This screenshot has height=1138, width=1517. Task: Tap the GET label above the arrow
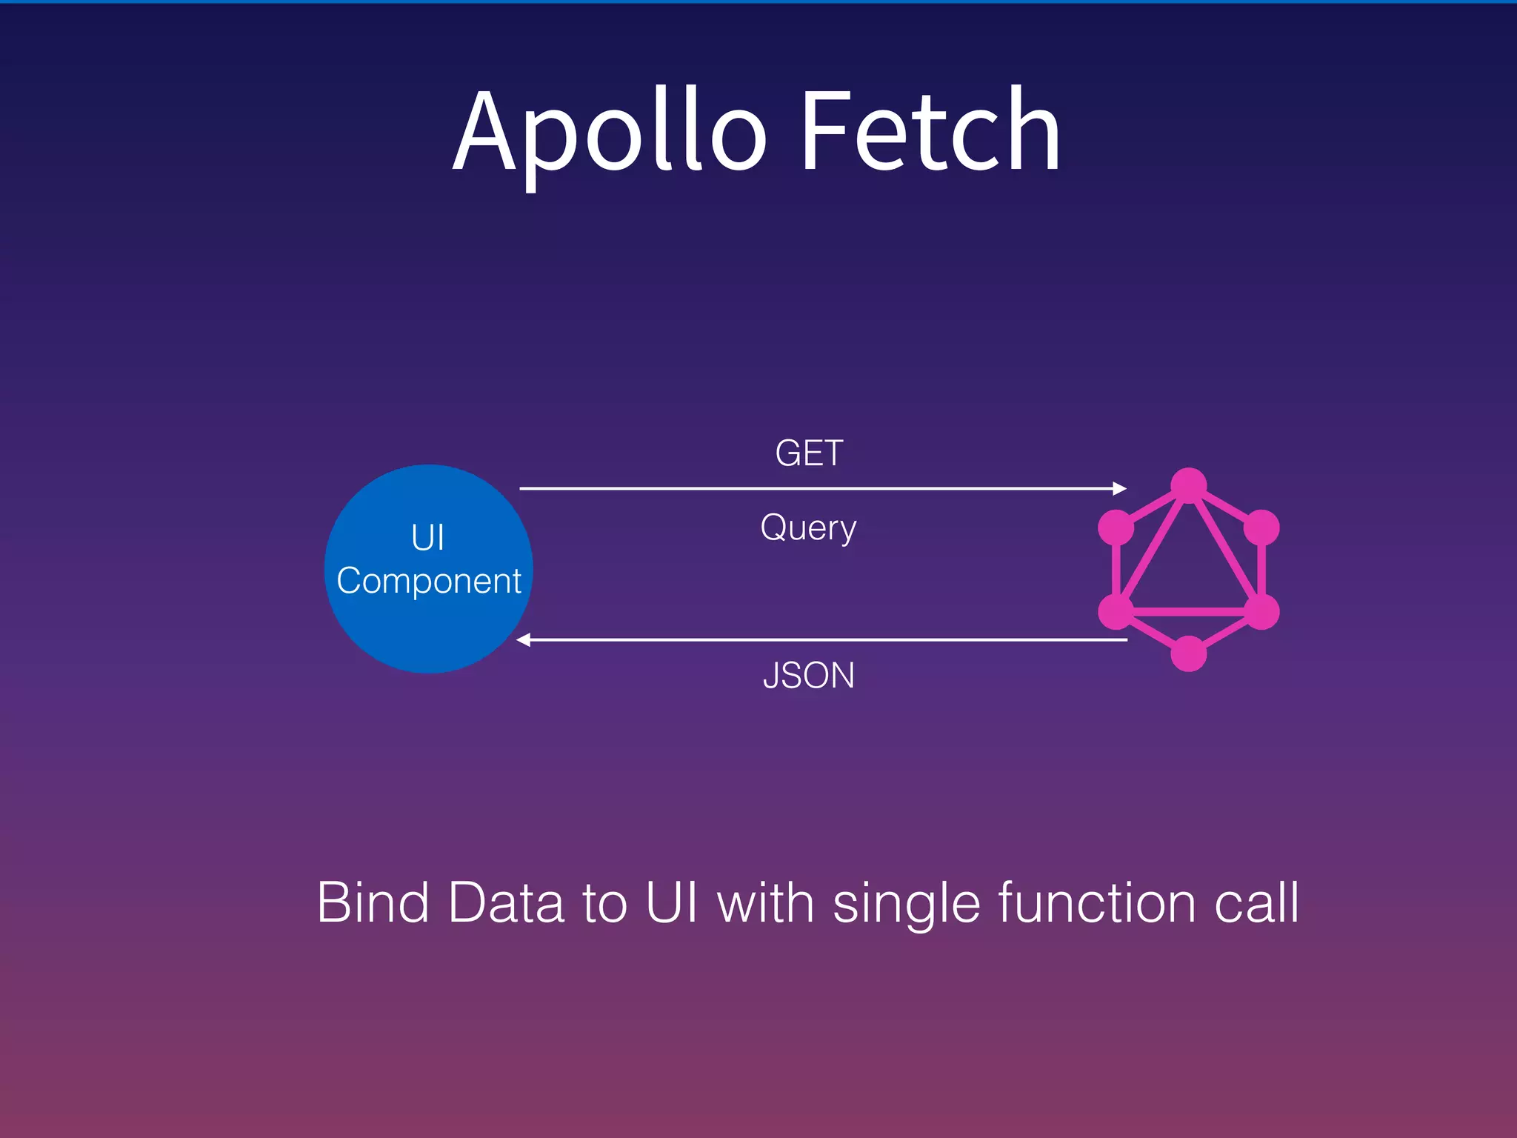[809, 453]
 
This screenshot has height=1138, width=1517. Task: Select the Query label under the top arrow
[808, 528]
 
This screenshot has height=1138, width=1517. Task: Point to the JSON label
[808, 675]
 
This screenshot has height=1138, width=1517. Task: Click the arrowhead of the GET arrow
[1120, 488]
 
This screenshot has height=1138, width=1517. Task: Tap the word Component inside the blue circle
[429, 581]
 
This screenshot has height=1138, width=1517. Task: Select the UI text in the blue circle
[428, 538]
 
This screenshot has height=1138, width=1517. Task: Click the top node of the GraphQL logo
[1189, 485]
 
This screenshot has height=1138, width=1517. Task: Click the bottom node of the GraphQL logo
[1189, 653]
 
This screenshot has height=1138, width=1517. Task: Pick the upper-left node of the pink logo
[1116, 528]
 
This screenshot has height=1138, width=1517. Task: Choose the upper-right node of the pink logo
[1261, 528]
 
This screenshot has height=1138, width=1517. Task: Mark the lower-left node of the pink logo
[1116, 611]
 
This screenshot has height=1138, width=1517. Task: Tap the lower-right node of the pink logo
[1261, 611]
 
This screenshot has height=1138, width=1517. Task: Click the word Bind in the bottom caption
[373, 902]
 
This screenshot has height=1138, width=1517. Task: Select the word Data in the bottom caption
[505, 902]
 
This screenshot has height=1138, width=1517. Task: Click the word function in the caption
[1096, 902]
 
